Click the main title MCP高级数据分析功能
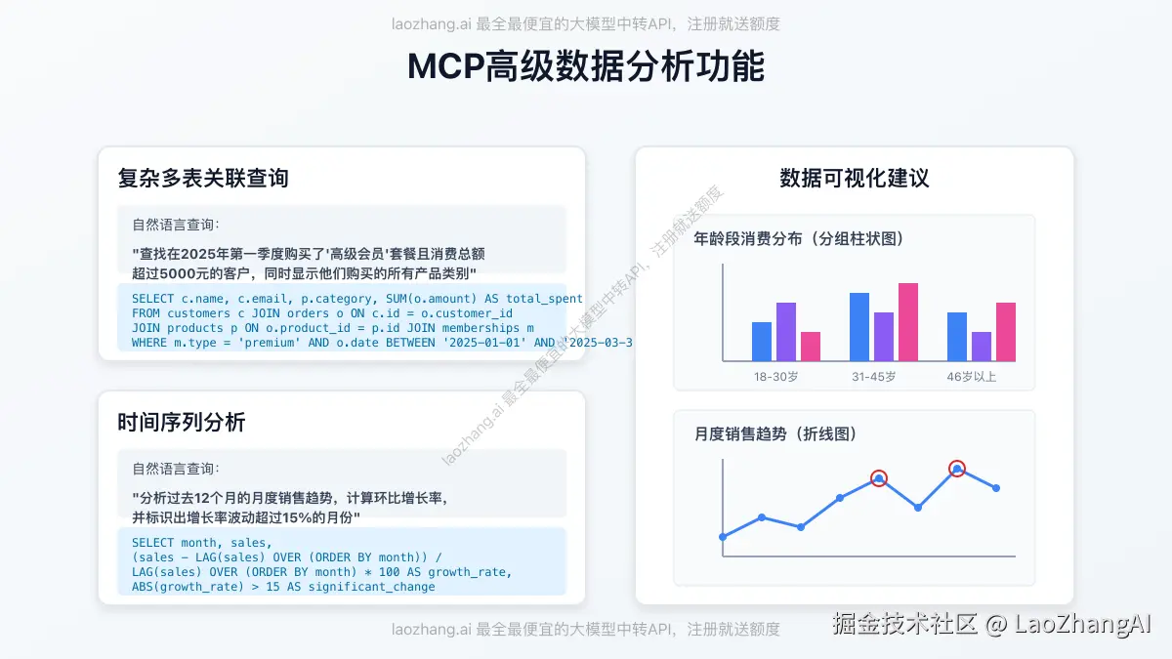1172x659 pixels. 585,66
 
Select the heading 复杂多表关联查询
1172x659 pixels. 202,178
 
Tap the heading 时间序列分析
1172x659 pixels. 181,422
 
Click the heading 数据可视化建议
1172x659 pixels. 854,178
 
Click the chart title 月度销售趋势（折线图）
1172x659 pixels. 775,433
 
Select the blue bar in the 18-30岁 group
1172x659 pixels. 762,342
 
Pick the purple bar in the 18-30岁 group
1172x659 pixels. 786,332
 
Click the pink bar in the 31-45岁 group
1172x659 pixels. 908,322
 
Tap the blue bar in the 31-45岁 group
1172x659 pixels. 859,327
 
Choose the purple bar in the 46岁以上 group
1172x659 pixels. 982,347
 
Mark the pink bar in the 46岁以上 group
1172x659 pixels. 1006,332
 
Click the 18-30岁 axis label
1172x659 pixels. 776,377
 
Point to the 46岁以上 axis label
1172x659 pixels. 972,377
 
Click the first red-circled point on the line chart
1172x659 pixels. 879,478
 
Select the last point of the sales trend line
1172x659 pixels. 996,488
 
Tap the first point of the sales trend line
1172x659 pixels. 723,537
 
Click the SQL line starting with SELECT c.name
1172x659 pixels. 356,299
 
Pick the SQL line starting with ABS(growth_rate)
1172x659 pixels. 283,587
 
